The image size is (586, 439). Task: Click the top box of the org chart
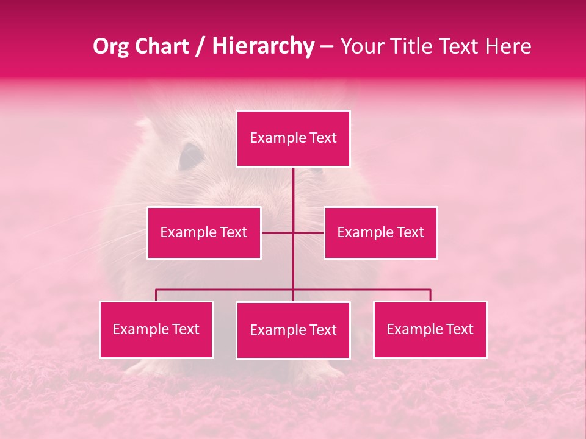pos(293,138)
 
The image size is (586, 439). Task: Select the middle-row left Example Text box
pos(204,232)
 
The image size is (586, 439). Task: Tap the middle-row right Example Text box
pos(380,232)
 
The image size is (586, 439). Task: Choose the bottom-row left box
pos(156,329)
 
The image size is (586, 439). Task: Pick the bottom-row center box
pos(293,330)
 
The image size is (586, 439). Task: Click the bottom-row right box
pos(430,329)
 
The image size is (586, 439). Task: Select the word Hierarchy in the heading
pos(263,46)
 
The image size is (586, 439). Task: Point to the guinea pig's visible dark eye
pos(190,156)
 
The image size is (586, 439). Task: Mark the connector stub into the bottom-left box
pos(156,295)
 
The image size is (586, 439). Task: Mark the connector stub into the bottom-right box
pos(430,295)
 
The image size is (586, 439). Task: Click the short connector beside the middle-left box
pos(277,232)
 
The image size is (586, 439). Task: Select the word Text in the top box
pos(323,138)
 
